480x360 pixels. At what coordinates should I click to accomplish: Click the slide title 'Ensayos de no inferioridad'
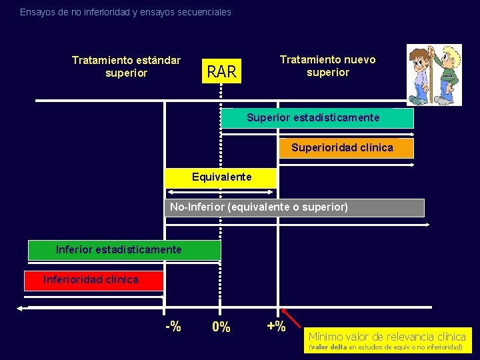click(x=125, y=12)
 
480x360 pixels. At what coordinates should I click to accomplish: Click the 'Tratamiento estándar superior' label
click(x=126, y=67)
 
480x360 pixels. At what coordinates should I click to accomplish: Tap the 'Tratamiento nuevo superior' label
click(x=327, y=65)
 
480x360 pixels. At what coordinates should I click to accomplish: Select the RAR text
click(x=222, y=71)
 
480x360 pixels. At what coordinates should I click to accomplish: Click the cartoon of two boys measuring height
click(x=434, y=75)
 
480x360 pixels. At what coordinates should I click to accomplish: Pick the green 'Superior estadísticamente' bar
click(x=317, y=118)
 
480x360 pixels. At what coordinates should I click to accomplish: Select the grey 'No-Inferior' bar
click(x=293, y=208)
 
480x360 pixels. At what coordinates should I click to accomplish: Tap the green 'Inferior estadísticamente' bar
click(x=124, y=250)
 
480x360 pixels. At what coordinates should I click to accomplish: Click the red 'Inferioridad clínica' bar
click(x=93, y=280)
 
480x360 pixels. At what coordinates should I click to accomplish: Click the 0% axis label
click(x=221, y=327)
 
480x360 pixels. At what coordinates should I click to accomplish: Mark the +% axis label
click(x=275, y=327)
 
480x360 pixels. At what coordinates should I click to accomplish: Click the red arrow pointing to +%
click(x=291, y=317)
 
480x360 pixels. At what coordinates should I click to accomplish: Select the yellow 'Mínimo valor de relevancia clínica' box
click(x=387, y=340)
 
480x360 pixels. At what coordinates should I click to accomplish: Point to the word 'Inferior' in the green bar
click(x=74, y=249)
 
